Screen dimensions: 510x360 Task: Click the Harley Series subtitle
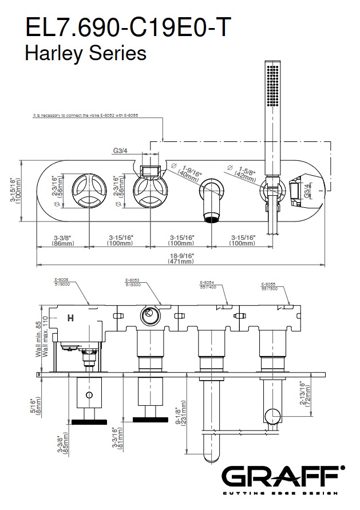pos(85,53)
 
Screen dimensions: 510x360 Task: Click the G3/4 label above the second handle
pos(120,152)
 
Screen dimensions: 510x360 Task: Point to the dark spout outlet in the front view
pos(212,217)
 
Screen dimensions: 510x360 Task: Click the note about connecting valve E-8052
pos(86,115)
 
